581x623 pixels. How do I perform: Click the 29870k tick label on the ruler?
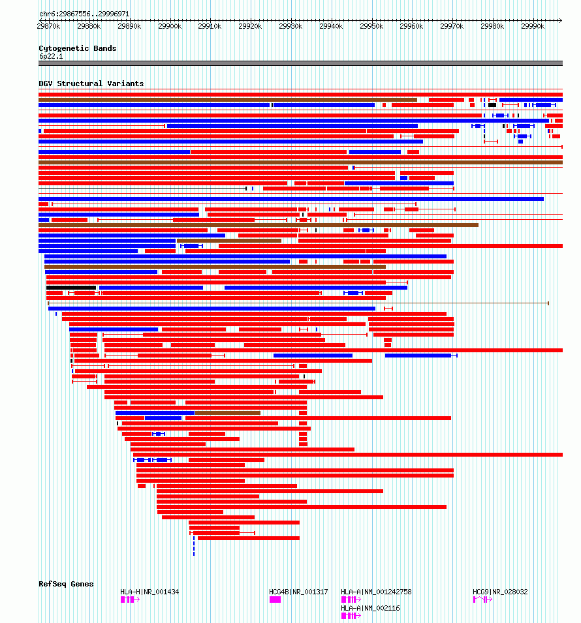(49, 26)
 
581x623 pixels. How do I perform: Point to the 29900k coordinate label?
(170, 26)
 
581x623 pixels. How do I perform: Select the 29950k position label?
(371, 26)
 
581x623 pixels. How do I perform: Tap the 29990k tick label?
(533, 26)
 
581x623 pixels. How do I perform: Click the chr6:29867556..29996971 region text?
(84, 14)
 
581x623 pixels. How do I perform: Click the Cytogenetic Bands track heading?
(77, 48)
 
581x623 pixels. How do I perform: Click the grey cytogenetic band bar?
(300, 63)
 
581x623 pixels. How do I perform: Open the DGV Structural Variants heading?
(91, 84)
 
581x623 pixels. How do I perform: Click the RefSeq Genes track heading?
(66, 584)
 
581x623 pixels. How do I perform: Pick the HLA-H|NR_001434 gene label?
(149, 592)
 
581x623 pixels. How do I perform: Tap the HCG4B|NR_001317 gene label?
(298, 592)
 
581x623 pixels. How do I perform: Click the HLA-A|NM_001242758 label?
(376, 592)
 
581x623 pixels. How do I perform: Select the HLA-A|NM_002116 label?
(370, 608)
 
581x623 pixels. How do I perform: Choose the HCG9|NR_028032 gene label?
(500, 592)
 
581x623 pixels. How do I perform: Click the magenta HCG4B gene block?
(275, 599)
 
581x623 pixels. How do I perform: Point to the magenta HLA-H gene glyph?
(128, 599)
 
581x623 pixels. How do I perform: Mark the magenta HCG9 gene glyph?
(481, 599)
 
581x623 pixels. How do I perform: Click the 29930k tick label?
(290, 26)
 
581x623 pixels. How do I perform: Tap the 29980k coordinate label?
(492, 26)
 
